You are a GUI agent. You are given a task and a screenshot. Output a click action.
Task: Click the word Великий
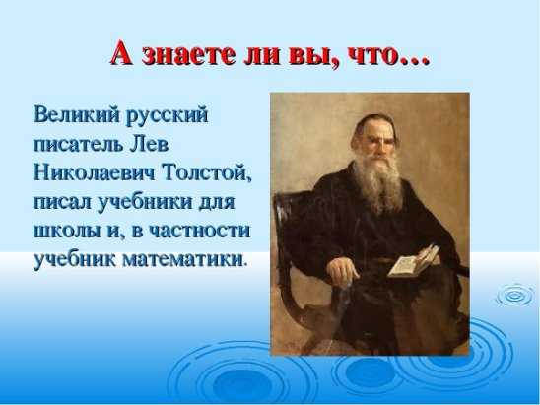[x=77, y=114]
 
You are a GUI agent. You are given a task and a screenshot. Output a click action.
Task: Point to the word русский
[x=168, y=116]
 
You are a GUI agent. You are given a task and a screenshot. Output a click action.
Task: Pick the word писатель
[x=78, y=144]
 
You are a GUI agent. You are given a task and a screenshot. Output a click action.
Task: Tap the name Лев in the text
[x=149, y=144]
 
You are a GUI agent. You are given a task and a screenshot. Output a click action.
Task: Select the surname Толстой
[x=207, y=173]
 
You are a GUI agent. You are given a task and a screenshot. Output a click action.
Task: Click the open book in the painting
[x=413, y=261]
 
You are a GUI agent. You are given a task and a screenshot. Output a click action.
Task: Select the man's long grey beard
[x=378, y=182]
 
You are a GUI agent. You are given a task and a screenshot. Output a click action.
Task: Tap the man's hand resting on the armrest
[x=342, y=271]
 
